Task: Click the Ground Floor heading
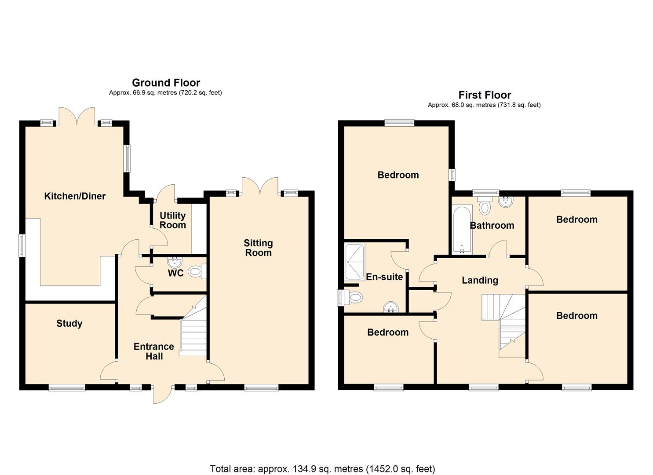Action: click(166, 83)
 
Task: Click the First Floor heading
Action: click(485, 95)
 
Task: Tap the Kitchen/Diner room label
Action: click(75, 196)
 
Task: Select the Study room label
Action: click(69, 324)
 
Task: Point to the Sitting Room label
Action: click(258, 248)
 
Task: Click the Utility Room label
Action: click(172, 220)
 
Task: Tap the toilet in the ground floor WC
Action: click(196, 272)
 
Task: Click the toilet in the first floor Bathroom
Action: click(485, 206)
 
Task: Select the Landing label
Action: click(480, 280)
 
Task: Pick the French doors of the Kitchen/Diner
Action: click(77, 115)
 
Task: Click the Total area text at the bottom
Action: click(322, 469)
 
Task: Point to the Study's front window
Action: click(66, 387)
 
